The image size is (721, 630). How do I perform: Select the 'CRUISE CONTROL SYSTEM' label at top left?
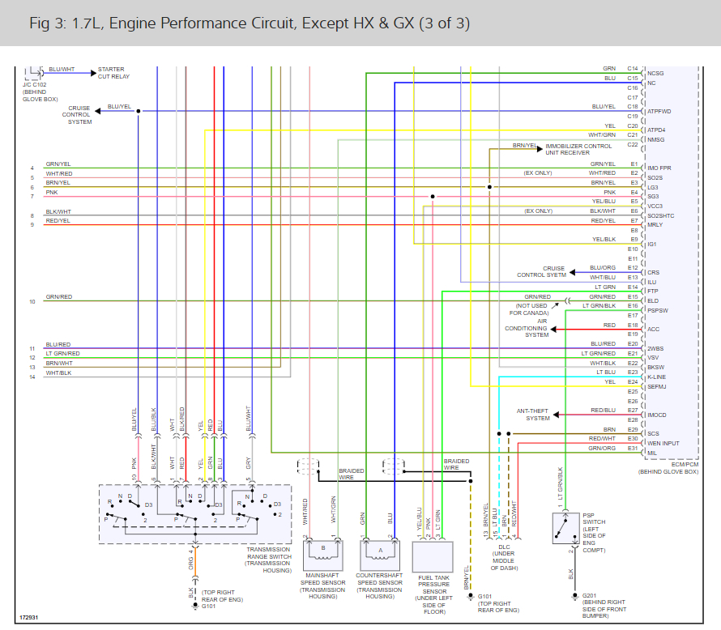click(x=79, y=114)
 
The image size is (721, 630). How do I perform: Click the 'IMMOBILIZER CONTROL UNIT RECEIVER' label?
click(x=578, y=149)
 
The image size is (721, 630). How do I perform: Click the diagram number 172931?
click(x=28, y=618)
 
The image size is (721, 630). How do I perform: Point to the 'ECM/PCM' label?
click(x=678, y=464)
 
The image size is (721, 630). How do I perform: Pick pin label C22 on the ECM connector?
click(x=632, y=145)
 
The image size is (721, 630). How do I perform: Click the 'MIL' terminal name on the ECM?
click(x=653, y=452)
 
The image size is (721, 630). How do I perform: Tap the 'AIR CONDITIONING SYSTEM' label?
click(x=526, y=327)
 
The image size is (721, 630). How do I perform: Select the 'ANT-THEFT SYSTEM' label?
click(x=533, y=415)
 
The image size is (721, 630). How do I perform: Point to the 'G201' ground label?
click(x=589, y=596)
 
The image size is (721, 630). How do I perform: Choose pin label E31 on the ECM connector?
click(x=633, y=448)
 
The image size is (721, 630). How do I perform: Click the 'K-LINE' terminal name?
click(x=657, y=377)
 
